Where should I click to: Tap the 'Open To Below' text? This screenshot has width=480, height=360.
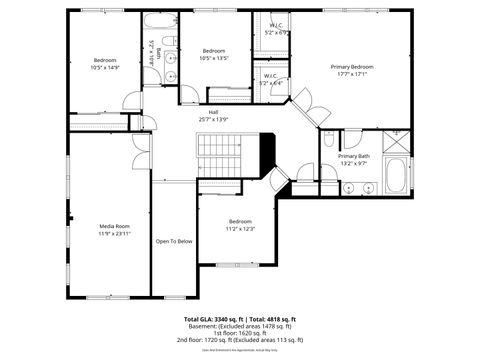174,241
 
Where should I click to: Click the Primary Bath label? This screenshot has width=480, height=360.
354,156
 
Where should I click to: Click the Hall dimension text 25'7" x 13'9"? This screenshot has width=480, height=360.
212,119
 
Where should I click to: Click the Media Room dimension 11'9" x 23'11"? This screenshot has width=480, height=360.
114,233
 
